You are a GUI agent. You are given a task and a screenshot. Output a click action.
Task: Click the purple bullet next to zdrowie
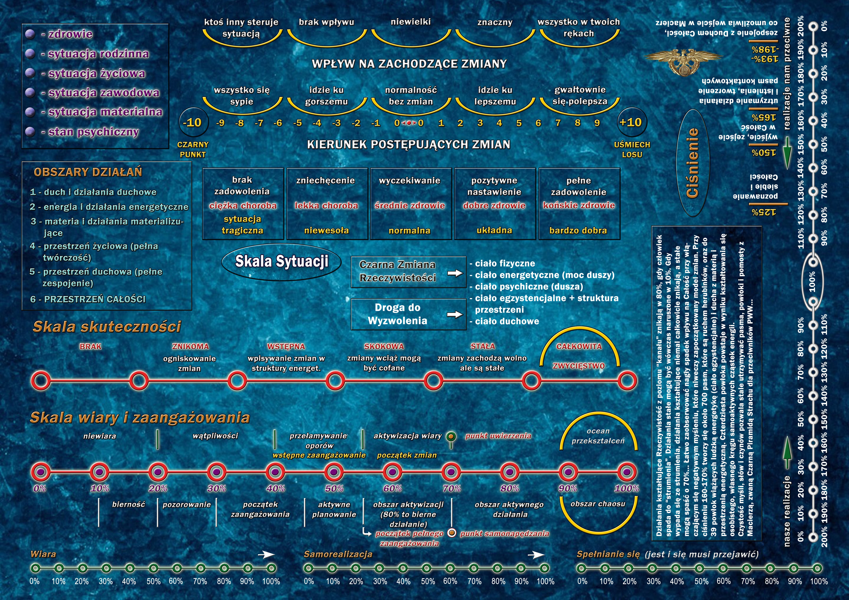click(30, 34)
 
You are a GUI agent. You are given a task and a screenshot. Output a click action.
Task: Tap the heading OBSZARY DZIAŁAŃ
click(88, 172)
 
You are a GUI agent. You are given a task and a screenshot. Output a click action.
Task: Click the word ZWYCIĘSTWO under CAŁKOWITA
click(579, 366)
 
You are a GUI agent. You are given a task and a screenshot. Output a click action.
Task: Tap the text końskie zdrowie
click(579, 205)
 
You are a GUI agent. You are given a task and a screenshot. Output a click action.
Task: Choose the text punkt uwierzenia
click(498, 436)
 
